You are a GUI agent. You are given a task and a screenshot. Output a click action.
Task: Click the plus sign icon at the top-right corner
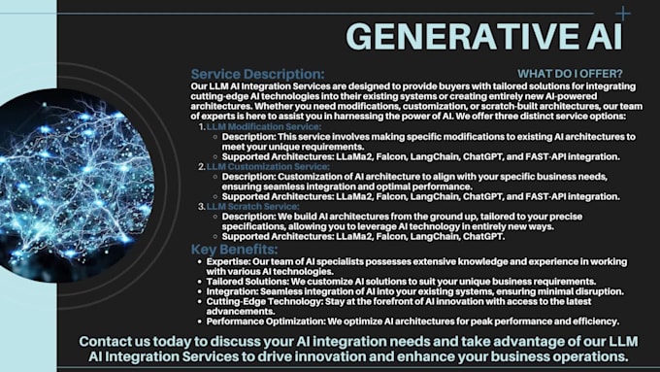pos(622,14)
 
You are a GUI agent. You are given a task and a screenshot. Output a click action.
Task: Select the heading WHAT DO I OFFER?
pos(570,74)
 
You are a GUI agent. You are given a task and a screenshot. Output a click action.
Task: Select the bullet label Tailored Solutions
pos(246,282)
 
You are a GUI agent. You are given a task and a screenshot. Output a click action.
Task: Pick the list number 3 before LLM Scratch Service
pos(201,206)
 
